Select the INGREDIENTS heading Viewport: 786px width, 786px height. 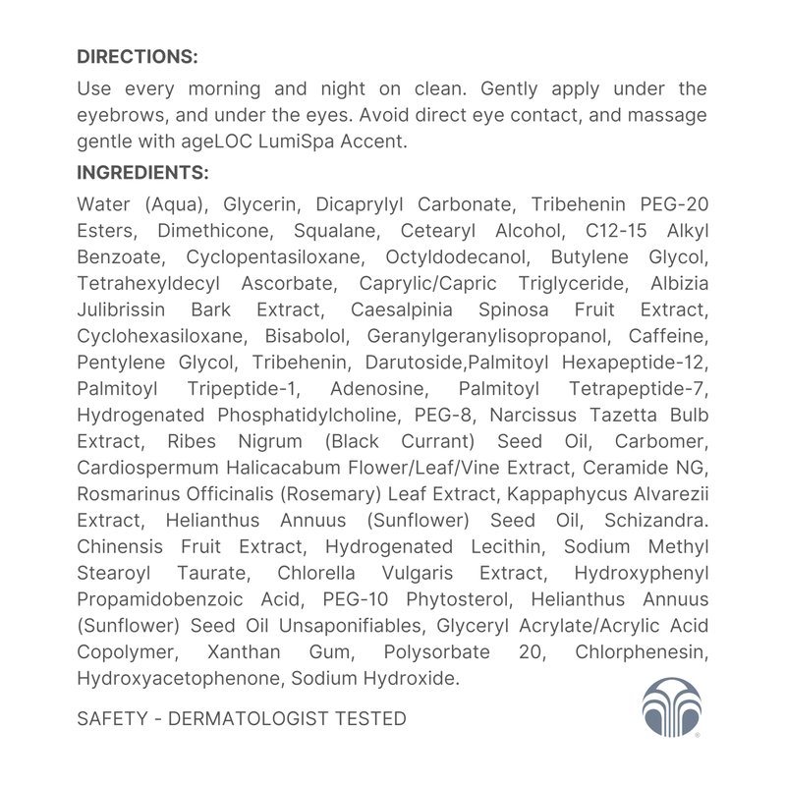click(142, 173)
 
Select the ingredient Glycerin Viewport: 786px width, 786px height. click(257, 204)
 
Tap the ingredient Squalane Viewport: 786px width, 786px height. click(336, 231)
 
